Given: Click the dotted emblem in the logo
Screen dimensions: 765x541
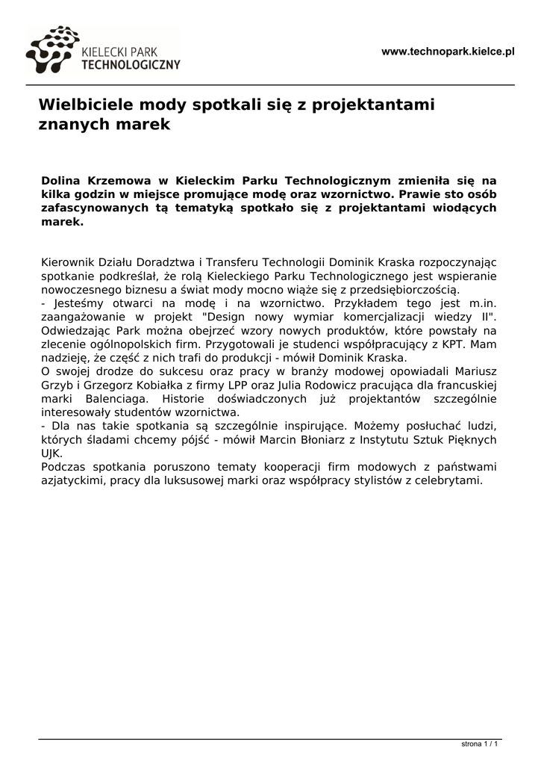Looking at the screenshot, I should pos(51,50).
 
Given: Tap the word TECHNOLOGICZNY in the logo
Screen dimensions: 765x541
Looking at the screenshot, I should pos(130,65).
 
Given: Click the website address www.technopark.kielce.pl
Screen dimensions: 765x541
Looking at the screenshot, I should pos(448,52).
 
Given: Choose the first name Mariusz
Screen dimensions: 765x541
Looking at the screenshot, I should pos(472,371).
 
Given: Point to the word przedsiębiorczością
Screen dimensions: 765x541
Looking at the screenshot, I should pos(401,289).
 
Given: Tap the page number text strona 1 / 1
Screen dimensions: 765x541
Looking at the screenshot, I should pos(479,745).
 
